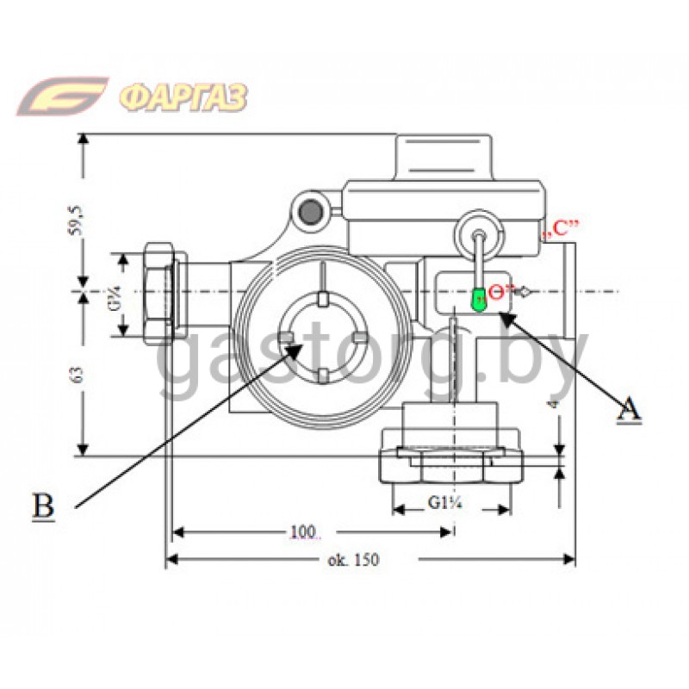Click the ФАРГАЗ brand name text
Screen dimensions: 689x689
pyautogui.click(x=182, y=96)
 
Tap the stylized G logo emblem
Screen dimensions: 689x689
pyautogui.click(x=63, y=96)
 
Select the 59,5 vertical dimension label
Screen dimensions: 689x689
pyautogui.click(x=78, y=220)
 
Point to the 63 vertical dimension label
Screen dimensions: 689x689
pyautogui.click(x=78, y=375)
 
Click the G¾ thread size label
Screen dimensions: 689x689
pyautogui.click(x=113, y=294)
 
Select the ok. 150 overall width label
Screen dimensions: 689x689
pyautogui.click(x=353, y=560)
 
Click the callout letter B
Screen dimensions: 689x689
pyautogui.click(x=43, y=506)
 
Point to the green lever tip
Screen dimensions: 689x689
pyautogui.click(x=477, y=299)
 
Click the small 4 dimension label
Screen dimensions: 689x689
pyautogui.click(x=552, y=401)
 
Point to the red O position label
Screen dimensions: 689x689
pyautogui.click(x=496, y=291)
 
